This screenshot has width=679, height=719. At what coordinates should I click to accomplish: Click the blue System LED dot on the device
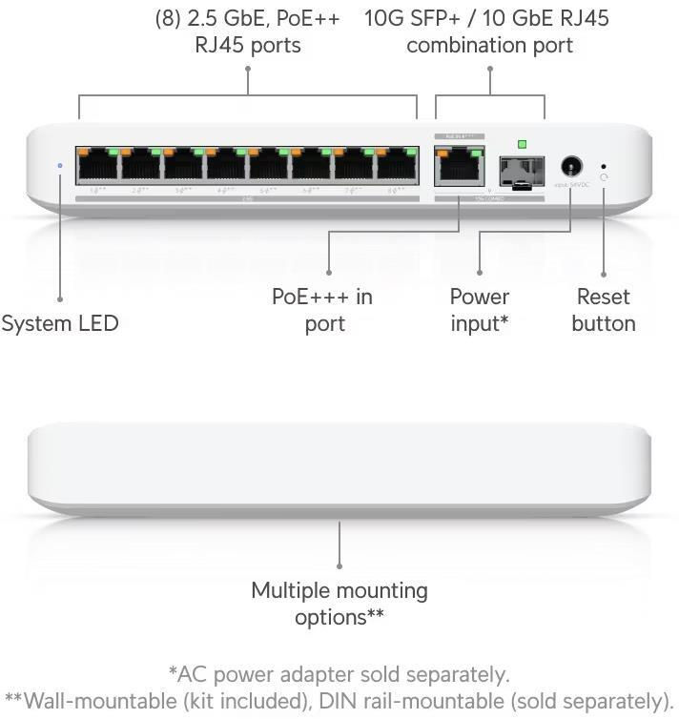(60, 165)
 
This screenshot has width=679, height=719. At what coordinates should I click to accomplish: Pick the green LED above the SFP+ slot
(521, 144)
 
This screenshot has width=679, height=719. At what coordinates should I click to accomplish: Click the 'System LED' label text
(60, 323)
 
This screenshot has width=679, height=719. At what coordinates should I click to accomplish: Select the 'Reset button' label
(603, 310)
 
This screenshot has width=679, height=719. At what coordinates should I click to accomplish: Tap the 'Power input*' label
(479, 310)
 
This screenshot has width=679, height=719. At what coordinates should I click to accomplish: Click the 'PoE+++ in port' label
(322, 310)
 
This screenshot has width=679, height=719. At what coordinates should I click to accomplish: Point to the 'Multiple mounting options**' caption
(339, 604)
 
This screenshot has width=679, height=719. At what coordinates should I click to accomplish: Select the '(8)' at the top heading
(168, 18)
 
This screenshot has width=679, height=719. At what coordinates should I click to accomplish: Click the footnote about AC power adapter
(339, 675)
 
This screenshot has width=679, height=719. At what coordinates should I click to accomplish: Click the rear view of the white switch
(339, 467)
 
